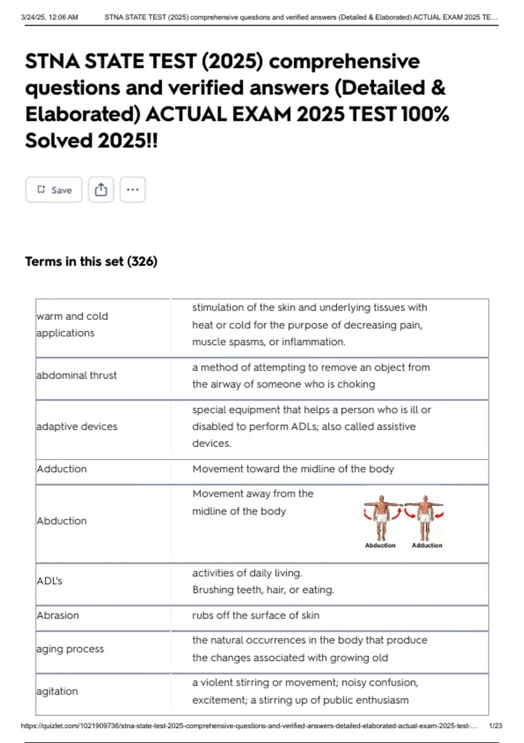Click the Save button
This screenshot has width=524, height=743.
[x=54, y=190]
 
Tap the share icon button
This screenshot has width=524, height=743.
[x=101, y=190]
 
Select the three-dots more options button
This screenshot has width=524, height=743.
[x=132, y=190]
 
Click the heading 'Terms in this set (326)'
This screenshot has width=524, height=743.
[x=91, y=261]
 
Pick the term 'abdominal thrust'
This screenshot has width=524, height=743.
[x=76, y=375]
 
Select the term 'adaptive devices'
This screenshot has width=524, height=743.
[x=77, y=426]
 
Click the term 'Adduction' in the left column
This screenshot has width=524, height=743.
[x=62, y=469]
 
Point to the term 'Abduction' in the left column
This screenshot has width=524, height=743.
[x=62, y=521]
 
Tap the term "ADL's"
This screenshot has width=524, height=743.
[x=49, y=581]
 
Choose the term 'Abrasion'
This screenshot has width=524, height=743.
[x=58, y=615]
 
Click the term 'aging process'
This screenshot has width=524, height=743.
[x=70, y=649]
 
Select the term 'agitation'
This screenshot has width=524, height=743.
[x=57, y=691]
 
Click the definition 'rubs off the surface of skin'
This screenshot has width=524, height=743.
[x=255, y=615]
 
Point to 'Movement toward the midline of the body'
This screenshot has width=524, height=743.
[x=293, y=469]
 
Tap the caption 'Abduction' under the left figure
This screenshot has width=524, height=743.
[x=380, y=545]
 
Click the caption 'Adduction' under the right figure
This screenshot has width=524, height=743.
[x=427, y=545]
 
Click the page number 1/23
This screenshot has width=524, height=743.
[x=495, y=726]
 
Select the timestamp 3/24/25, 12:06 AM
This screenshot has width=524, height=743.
[x=49, y=17]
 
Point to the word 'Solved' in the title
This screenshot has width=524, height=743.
[x=59, y=141]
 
